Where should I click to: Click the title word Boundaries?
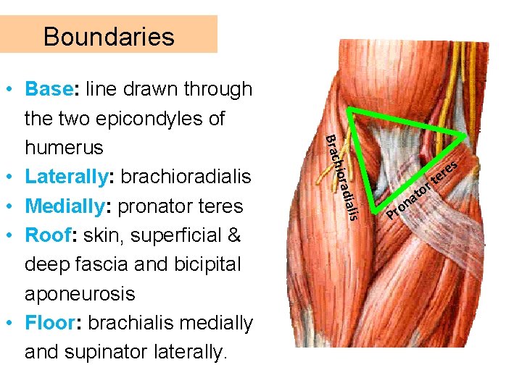coord(109,36)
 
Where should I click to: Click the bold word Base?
coord(49,89)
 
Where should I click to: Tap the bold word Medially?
coord(65,206)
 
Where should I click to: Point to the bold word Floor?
coord(49,323)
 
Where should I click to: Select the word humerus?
coord(64,148)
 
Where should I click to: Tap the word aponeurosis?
coord(80,294)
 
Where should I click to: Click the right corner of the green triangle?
coord(465,135)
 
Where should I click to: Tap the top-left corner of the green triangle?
coord(351,112)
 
